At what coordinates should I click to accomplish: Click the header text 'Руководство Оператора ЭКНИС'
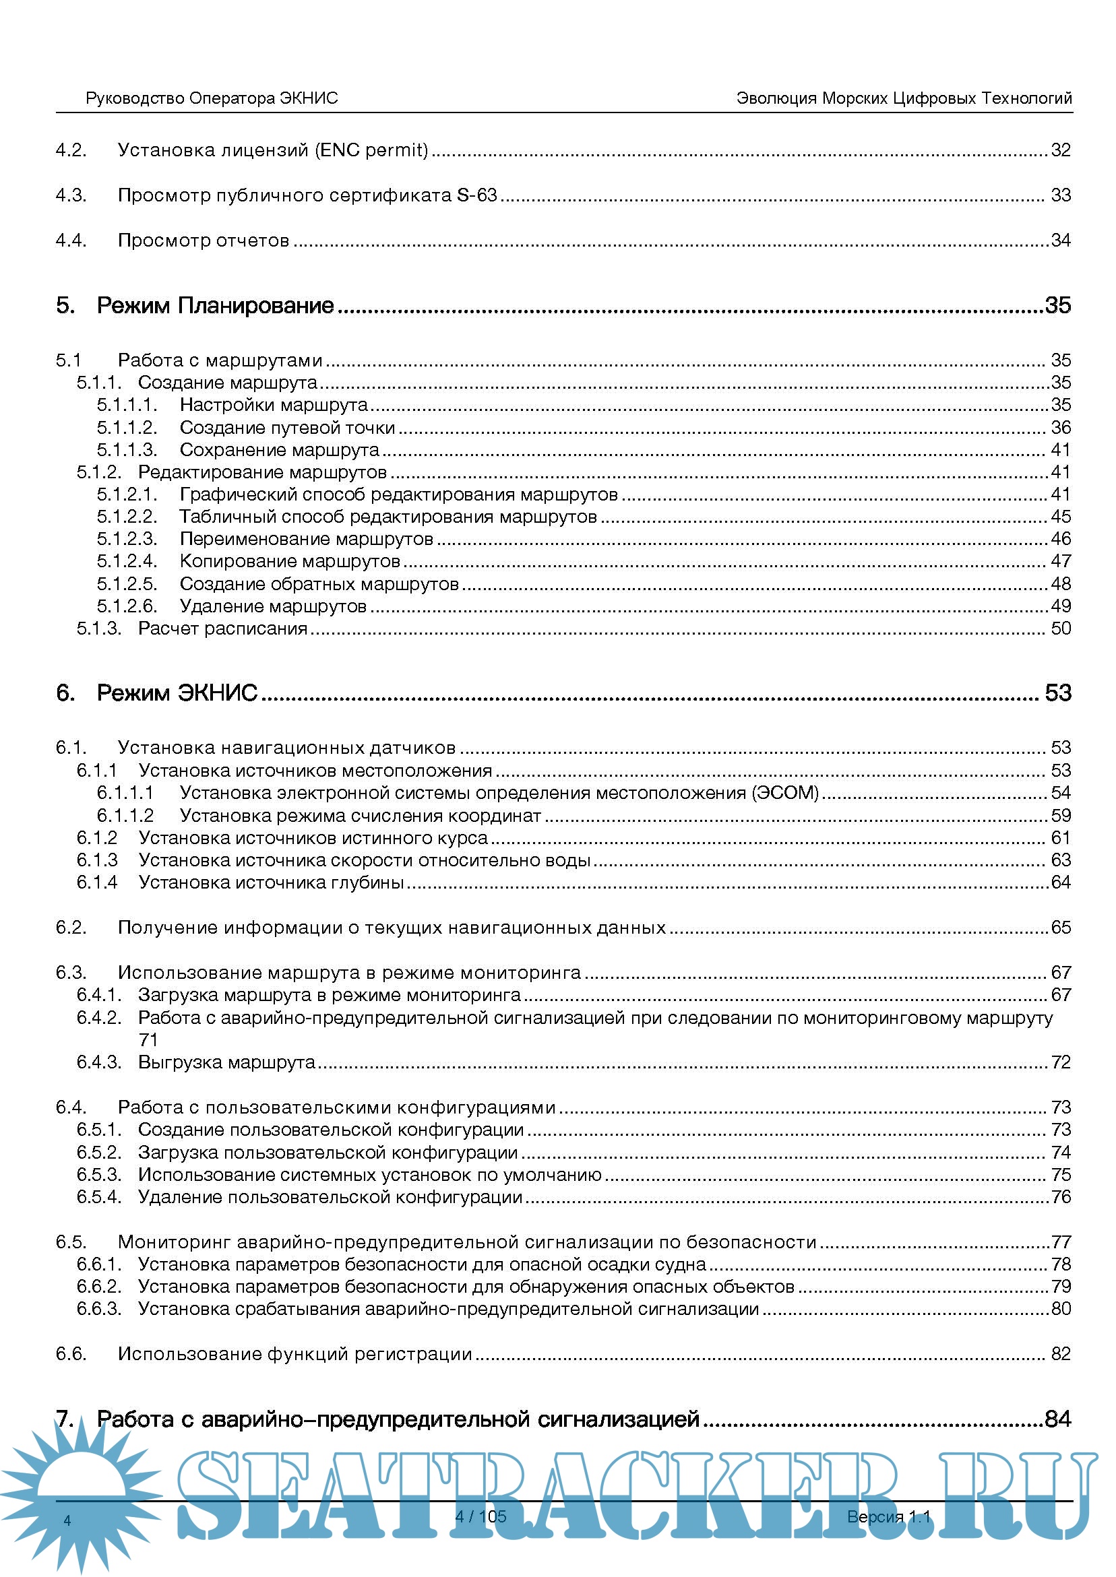point(212,98)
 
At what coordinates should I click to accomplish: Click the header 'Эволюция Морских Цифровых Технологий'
point(904,98)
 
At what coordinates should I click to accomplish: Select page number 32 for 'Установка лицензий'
point(1060,150)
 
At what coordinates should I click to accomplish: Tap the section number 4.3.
point(71,195)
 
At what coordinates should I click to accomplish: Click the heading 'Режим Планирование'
point(215,305)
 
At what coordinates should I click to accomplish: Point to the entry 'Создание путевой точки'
point(287,427)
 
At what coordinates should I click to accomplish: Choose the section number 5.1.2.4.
point(127,561)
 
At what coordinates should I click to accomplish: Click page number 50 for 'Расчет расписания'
point(1060,628)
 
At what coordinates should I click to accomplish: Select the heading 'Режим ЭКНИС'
point(177,693)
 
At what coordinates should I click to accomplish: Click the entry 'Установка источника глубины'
point(271,882)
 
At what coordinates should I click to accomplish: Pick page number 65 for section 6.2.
point(1060,927)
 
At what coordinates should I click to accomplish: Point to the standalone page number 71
point(148,1040)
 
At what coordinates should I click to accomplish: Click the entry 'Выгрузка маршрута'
point(226,1062)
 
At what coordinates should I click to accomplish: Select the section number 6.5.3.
point(98,1175)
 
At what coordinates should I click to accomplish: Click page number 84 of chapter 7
point(1057,1418)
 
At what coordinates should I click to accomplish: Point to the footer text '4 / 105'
point(480,1516)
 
